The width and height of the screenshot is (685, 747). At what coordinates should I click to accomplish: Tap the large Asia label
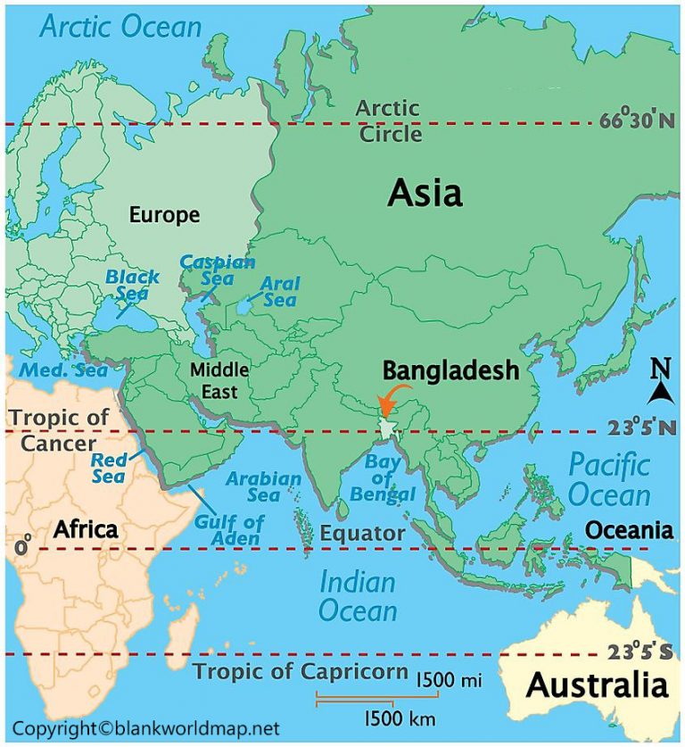[x=425, y=193]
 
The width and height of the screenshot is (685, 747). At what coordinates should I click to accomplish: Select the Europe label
[x=164, y=215]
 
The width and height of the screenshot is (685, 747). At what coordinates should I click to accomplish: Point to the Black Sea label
[x=132, y=285]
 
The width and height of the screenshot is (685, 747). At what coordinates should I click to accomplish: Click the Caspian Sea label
[x=218, y=270]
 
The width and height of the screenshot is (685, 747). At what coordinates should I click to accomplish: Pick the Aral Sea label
[x=279, y=291]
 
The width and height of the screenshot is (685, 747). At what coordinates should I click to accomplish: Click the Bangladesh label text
[x=450, y=370]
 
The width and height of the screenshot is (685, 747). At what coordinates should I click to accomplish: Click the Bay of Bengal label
[x=390, y=477]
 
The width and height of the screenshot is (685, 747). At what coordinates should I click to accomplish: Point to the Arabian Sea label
[x=263, y=487]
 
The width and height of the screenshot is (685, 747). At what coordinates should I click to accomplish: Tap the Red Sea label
[x=108, y=469]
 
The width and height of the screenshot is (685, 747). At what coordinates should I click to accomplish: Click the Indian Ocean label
[x=358, y=596]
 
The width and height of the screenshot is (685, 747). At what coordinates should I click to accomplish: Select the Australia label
[x=597, y=685]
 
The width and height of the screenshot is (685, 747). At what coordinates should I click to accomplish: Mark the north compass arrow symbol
[x=660, y=382]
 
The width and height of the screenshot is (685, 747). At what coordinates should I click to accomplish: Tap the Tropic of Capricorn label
[x=301, y=672]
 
